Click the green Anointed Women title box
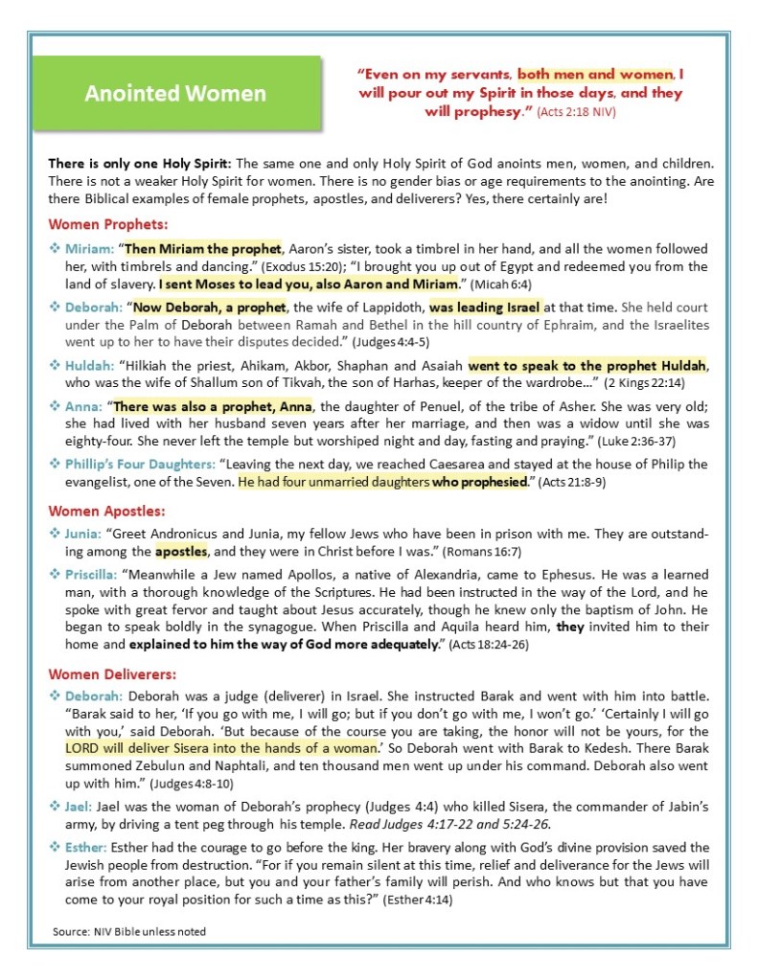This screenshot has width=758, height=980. [x=175, y=94]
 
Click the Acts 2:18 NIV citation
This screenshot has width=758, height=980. [x=575, y=112]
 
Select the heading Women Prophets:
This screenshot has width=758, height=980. [x=108, y=225]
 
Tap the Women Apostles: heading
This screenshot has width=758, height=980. [x=106, y=511]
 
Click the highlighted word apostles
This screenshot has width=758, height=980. [x=180, y=552]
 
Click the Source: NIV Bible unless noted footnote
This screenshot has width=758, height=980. [x=129, y=930]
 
